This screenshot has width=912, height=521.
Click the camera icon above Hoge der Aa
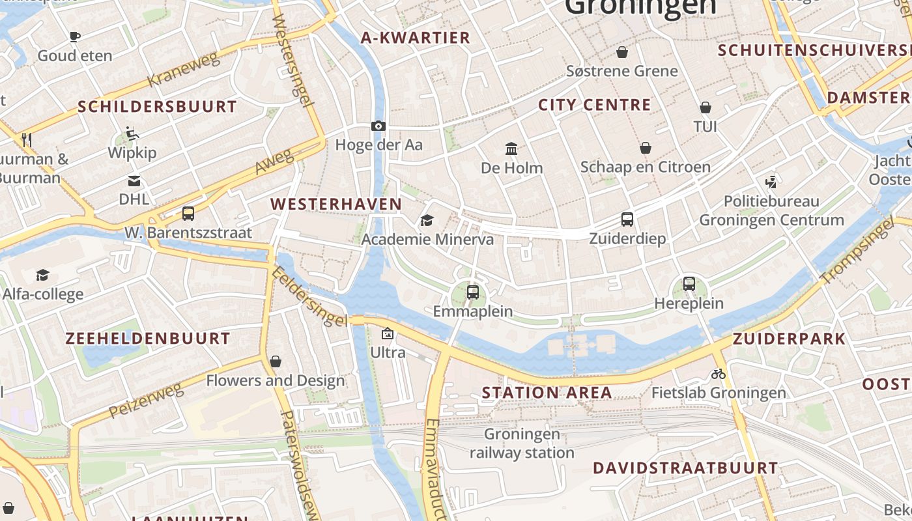(378, 126)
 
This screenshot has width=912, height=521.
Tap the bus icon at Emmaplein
(473, 292)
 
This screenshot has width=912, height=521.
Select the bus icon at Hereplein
(689, 284)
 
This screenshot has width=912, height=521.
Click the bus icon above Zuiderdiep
(627, 219)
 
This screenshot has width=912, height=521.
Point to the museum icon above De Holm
(511, 149)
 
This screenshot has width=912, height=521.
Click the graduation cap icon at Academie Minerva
(427, 221)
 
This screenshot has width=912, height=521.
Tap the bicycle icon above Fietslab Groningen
(719, 374)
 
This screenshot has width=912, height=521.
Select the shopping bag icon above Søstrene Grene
(622, 52)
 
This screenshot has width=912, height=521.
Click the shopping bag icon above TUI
(705, 107)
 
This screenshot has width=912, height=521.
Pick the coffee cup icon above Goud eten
(75, 37)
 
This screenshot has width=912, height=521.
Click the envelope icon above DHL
(134, 180)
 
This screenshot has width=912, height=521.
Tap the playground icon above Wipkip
(132, 134)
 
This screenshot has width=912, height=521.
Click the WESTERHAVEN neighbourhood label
(336, 204)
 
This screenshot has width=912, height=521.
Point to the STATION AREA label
(547, 393)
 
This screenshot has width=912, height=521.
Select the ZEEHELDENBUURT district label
(148, 339)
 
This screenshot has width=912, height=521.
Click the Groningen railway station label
(522, 443)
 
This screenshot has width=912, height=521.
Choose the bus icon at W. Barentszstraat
(188, 214)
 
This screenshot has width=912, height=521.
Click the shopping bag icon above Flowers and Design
(276, 361)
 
